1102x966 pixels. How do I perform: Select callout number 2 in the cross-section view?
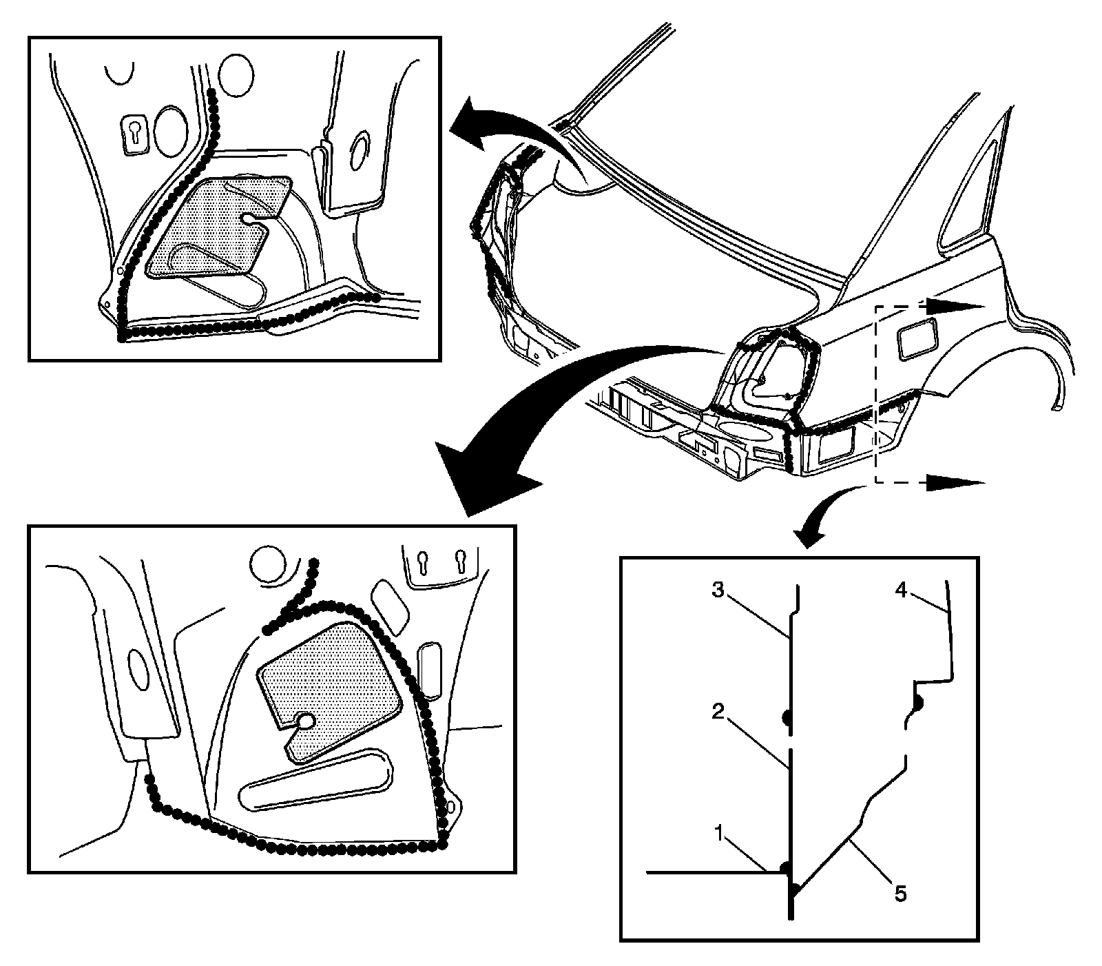718,713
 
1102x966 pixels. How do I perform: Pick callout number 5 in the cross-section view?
901,894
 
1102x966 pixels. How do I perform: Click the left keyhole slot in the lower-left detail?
426,561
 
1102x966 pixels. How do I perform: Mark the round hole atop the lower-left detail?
266,564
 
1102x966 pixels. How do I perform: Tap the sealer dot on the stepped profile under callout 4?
919,704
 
